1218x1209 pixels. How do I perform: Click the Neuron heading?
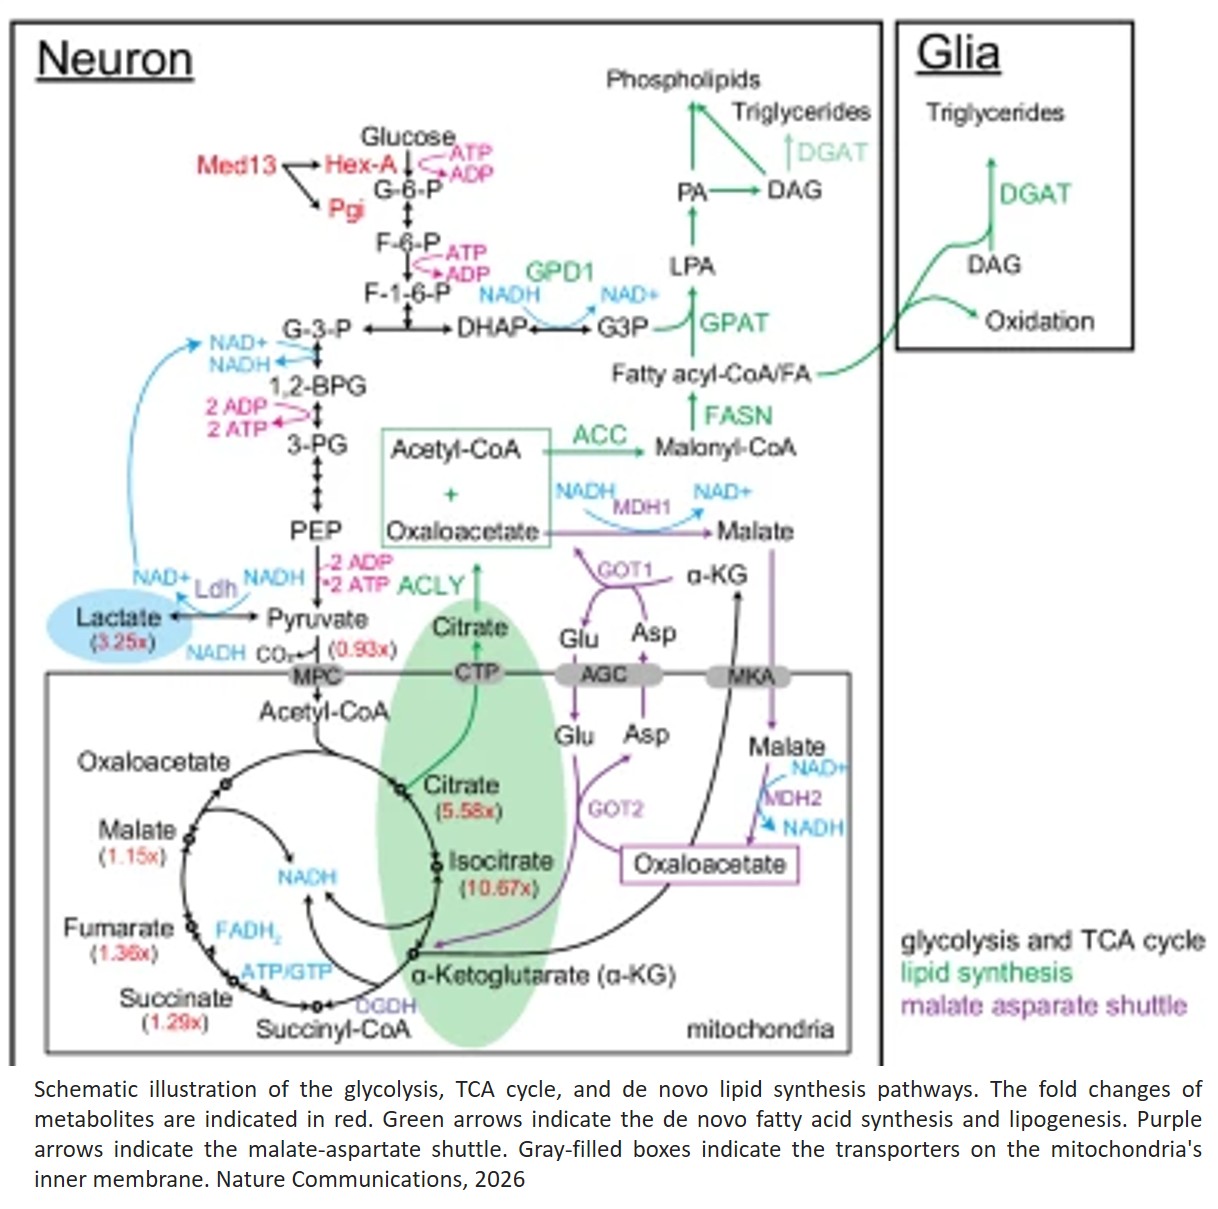click(x=114, y=59)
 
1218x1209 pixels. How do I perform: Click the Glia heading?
click(x=957, y=53)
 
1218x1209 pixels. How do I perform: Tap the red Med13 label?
click(x=236, y=165)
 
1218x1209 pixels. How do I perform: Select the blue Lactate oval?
click(x=119, y=626)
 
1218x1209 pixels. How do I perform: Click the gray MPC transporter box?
click(x=316, y=676)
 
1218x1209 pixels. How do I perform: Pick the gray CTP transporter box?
click(x=476, y=673)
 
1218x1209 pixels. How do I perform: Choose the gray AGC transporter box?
click(x=603, y=675)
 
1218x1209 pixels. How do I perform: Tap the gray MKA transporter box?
click(x=750, y=677)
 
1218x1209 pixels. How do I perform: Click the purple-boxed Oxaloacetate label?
click(x=710, y=864)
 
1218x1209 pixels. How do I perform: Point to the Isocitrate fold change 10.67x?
click(x=498, y=888)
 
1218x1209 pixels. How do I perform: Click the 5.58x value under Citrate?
click(x=463, y=811)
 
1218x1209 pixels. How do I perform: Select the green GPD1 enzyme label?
click(x=560, y=272)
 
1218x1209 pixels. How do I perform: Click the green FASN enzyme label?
click(x=738, y=415)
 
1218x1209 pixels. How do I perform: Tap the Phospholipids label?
click(x=683, y=79)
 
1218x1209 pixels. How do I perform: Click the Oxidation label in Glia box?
click(x=1039, y=321)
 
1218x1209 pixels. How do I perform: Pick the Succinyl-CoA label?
click(x=333, y=1029)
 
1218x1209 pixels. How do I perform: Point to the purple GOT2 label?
click(x=615, y=809)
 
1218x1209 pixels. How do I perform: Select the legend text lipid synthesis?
click(x=986, y=973)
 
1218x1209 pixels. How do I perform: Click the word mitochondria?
click(x=760, y=1029)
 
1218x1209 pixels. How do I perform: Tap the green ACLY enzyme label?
click(x=431, y=585)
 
